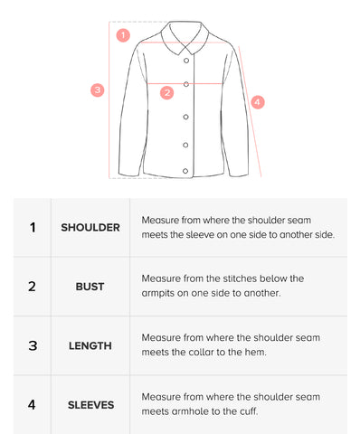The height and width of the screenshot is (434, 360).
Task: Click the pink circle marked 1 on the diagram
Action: [x=123, y=35]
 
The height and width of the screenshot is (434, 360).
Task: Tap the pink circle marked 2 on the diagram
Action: [x=166, y=93]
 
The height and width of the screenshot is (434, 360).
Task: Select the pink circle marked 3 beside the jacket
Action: [x=98, y=90]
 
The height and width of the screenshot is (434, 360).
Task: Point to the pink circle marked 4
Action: [x=258, y=102]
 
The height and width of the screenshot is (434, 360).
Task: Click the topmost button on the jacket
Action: [x=186, y=61]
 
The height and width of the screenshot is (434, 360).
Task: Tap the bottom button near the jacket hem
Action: [x=185, y=171]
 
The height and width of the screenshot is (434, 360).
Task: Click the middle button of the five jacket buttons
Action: [x=185, y=117]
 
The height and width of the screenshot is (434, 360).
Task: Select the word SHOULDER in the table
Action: [x=90, y=228]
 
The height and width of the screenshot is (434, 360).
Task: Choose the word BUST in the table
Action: [x=90, y=287]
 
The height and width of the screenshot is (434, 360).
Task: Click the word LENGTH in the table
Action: [x=90, y=345]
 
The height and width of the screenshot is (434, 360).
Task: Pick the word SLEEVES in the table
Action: [x=90, y=405]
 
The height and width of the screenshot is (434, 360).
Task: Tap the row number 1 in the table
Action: [x=33, y=228]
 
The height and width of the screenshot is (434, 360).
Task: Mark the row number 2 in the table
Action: [x=32, y=287]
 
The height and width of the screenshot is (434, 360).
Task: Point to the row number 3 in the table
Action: [x=33, y=345]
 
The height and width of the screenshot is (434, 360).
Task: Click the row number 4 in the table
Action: [x=32, y=405]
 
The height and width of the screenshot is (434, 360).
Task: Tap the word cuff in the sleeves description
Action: [x=249, y=411]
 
